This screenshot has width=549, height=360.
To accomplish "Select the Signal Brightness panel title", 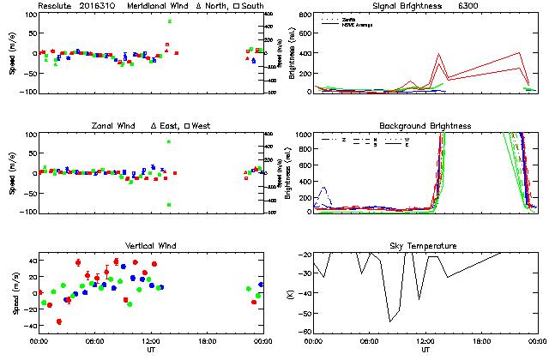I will click(407, 6).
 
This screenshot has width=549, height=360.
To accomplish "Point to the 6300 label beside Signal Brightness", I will click(468, 6).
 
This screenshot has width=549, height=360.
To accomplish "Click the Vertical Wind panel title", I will click(151, 246).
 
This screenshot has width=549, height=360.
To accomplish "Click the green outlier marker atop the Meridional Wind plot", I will click(170, 21).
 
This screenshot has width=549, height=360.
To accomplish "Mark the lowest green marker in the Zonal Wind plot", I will click(170, 205).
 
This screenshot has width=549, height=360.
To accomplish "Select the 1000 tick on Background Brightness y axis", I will click(303, 135).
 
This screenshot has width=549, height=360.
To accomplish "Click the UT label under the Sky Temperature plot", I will click(425, 350).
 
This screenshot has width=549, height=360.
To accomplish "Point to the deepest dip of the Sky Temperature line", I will click(389, 321).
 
